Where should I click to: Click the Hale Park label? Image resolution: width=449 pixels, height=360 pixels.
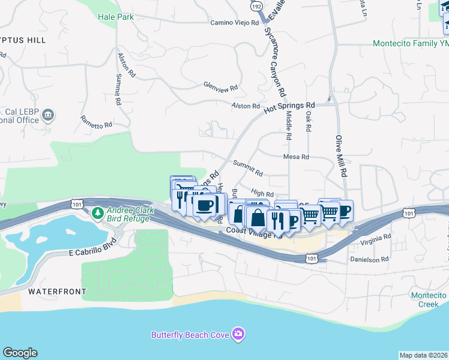coord(116,17)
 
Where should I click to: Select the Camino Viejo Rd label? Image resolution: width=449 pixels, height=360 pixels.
coord(234,23)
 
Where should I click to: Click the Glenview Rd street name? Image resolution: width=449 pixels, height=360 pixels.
coord(220,86)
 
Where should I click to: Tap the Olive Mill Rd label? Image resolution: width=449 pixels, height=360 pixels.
coord(341,155)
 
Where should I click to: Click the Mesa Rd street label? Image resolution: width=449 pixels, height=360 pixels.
coord(296,157)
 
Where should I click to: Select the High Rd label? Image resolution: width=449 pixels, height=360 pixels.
coord(262,194)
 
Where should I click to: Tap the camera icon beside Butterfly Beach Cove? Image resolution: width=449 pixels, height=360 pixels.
coord(238,334)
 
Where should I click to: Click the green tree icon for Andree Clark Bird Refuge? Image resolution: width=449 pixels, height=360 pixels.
coord(98,212)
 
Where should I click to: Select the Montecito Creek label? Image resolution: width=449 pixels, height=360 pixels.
coord(429,299)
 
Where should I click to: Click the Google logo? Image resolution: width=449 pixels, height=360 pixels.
coord(20,353)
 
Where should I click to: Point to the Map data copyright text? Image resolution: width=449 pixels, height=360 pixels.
coord(423,355)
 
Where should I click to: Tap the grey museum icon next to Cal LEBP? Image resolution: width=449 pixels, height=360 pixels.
coord(49,115)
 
